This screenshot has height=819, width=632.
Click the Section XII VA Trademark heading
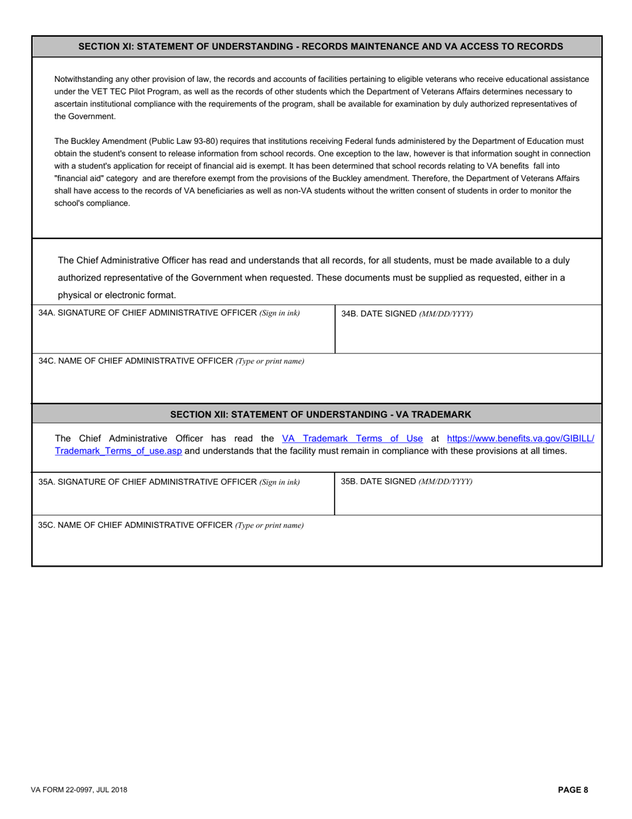pyautogui.click(x=320, y=414)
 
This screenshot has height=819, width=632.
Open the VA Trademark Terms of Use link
pyautogui.click(x=353, y=438)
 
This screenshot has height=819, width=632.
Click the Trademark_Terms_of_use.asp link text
pyautogui.click(x=118, y=451)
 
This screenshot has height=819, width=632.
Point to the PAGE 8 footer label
pyautogui.click(x=573, y=790)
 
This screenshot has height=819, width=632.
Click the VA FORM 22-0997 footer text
pyautogui.click(x=79, y=790)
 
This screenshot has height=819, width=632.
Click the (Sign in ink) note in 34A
pyautogui.click(x=279, y=313)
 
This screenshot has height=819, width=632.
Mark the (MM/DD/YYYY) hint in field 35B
pyautogui.click(x=445, y=481)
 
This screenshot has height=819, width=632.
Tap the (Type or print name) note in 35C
pyautogui.click(x=269, y=525)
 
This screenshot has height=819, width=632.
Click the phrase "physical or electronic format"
pyautogui.click(x=117, y=295)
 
